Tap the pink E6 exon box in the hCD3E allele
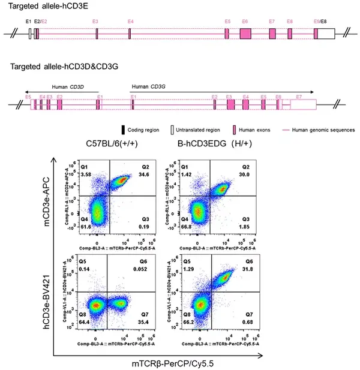(245, 34)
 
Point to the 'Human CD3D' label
(68, 86)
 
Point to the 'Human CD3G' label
(148, 86)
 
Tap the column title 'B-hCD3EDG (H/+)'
(214, 144)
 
